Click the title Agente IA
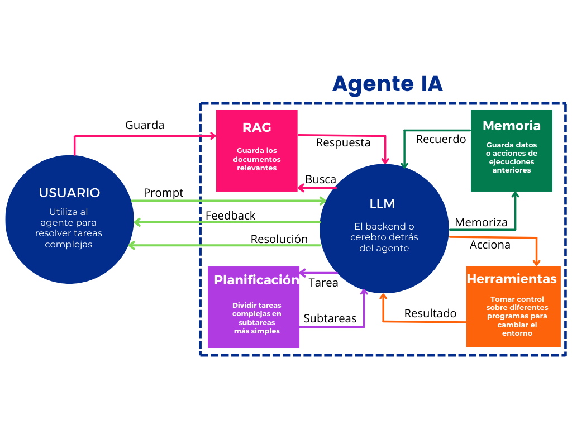(387, 84)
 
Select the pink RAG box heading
(257, 127)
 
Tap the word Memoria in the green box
(511, 126)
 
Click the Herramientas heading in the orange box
(512, 279)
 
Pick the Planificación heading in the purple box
(256, 280)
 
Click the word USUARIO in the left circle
(69, 193)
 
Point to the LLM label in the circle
(382, 204)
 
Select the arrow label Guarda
(145, 125)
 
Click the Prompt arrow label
(163, 193)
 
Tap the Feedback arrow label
(230, 216)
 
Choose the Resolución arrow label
(279, 239)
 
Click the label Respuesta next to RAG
(343, 142)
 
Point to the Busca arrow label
(321, 179)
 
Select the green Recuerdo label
(441, 139)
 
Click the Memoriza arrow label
(481, 222)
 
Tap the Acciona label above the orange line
(490, 245)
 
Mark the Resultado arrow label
(430, 313)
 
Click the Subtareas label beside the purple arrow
(330, 318)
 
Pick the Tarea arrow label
(323, 283)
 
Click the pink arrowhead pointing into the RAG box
(213, 136)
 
